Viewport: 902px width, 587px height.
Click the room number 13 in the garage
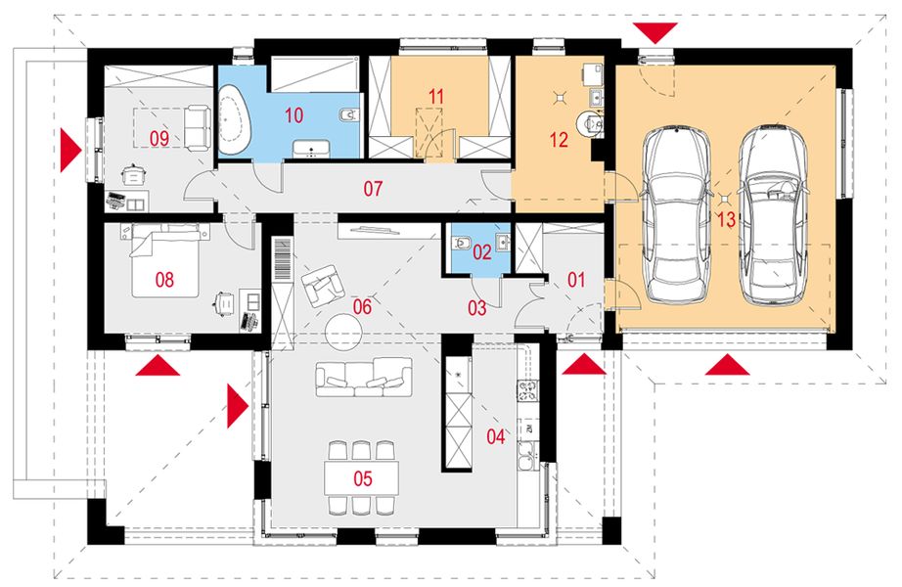click(x=726, y=219)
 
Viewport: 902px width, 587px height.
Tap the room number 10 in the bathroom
click(x=293, y=115)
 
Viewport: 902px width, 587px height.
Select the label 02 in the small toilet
click(x=482, y=252)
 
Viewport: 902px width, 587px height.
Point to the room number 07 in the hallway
click(x=373, y=189)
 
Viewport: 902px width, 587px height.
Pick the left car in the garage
click(x=674, y=214)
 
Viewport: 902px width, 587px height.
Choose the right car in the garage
click(x=773, y=214)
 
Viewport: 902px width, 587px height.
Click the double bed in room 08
click(x=166, y=260)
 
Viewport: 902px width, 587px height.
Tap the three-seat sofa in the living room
click(x=364, y=377)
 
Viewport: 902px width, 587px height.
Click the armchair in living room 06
click(x=320, y=285)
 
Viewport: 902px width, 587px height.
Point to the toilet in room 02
click(x=462, y=243)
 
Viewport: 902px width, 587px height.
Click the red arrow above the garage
click(x=654, y=32)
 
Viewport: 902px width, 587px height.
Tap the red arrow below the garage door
click(x=727, y=365)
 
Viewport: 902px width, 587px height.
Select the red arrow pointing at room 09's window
click(x=70, y=151)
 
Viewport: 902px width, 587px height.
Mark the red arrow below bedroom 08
click(x=158, y=366)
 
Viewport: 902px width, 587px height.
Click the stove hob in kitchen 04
click(x=527, y=390)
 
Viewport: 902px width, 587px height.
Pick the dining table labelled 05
click(x=362, y=477)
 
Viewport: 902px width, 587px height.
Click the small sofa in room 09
click(x=197, y=128)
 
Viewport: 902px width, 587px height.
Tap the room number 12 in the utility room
click(x=559, y=139)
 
